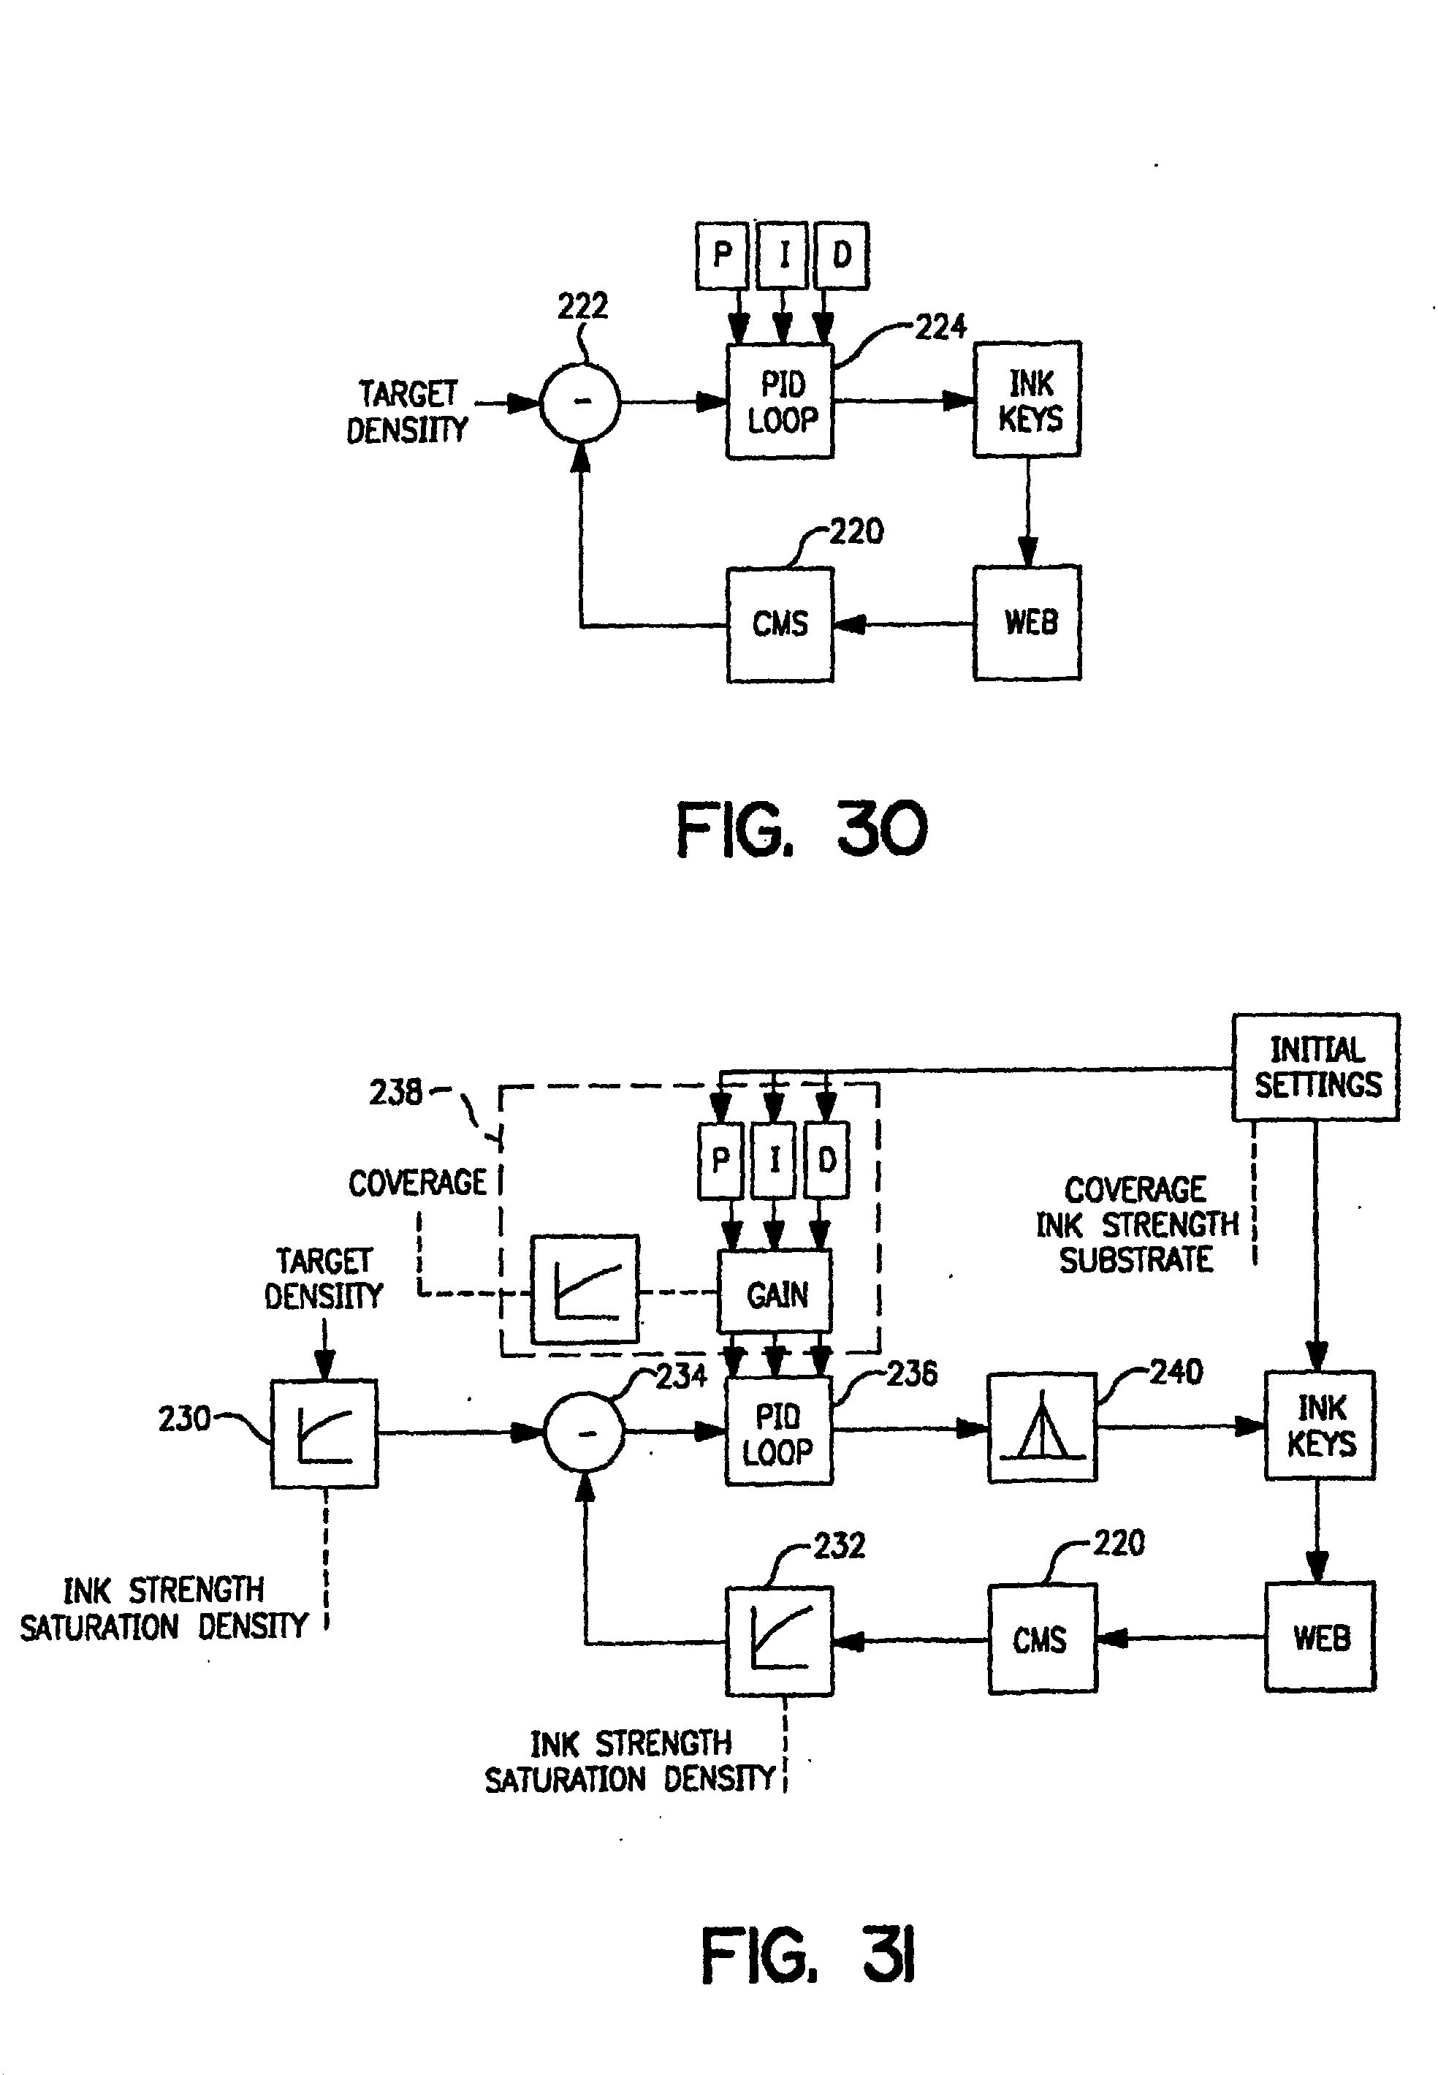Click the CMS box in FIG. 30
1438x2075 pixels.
pos(780,623)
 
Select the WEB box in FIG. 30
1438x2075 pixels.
pos(1027,622)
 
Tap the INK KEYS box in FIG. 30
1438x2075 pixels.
pos(1027,400)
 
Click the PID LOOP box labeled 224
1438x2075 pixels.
pos(780,402)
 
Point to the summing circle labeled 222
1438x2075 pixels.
pos(581,402)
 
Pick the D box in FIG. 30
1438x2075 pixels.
pos(842,255)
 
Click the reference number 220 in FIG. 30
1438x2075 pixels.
pos(856,531)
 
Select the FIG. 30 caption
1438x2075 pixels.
pos(801,830)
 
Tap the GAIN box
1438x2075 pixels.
pos(775,1294)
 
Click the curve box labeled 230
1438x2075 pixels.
pos(324,1433)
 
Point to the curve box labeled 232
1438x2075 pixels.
pos(780,1641)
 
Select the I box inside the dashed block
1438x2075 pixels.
pos(774,1161)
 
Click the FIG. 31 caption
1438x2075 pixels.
pos(808,1955)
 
